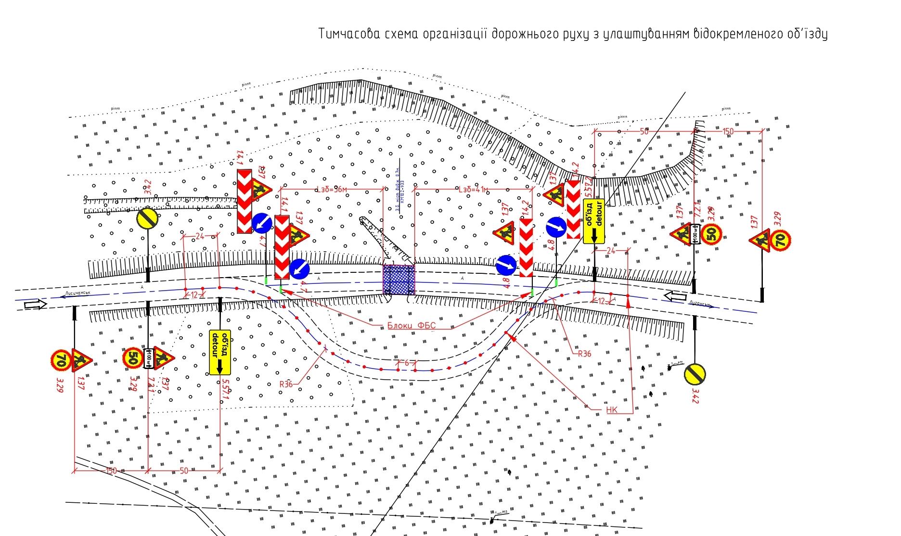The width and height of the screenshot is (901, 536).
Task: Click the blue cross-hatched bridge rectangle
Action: [398, 279]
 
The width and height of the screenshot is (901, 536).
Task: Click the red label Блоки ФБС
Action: [411, 326]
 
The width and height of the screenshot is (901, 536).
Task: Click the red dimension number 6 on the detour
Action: [407, 363]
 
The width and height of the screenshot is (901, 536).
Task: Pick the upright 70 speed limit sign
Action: [781, 240]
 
